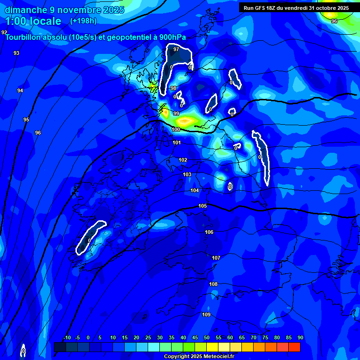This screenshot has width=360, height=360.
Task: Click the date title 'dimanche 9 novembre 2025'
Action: point(64,10)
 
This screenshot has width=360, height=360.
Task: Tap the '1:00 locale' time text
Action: point(33,21)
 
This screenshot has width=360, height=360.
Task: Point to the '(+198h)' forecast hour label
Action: point(83,21)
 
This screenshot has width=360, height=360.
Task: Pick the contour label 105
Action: point(202,206)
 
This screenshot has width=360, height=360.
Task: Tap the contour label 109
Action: point(206,315)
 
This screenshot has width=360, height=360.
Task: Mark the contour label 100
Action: point(176,129)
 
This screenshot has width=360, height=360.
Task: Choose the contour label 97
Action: point(176,49)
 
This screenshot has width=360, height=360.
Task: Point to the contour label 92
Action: point(4,32)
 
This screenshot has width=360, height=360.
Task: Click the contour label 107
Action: point(216,258)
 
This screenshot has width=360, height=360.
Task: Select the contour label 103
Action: point(187,174)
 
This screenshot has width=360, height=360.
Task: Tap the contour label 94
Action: point(20,90)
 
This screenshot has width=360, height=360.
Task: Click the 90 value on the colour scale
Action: point(300,337)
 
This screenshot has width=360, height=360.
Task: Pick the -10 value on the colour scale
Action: point(67,337)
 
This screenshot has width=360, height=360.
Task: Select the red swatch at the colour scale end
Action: point(294,347)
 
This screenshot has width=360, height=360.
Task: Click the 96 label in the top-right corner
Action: point(334,21)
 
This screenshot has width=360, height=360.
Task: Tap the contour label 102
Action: point(183,160)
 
